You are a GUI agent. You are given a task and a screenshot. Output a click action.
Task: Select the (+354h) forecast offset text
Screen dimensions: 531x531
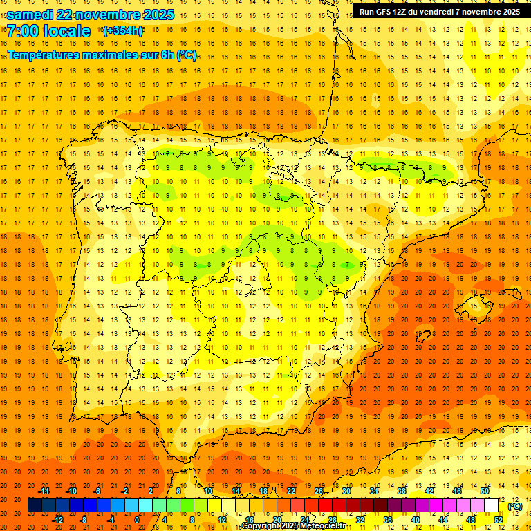(123, 30)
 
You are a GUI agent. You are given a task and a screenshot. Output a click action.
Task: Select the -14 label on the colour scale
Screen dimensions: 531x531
(44, 491)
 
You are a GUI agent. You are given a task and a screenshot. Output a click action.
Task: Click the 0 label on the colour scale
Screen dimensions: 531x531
(137, 519)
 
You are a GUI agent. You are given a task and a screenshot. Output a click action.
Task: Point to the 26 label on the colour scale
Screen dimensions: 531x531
(319, 491)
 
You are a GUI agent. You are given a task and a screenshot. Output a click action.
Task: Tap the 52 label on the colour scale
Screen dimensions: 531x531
(498, 519)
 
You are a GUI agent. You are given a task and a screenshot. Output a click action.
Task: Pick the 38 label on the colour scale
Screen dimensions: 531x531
(401, 491)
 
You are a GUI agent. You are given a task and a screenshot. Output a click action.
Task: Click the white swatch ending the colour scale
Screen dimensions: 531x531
(492, 505)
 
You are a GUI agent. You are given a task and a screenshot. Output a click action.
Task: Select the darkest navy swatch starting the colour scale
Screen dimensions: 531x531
(35, 505)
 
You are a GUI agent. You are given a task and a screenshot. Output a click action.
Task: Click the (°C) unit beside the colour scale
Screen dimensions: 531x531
(515, 506)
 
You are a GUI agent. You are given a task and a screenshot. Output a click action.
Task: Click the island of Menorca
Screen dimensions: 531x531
(515, 290)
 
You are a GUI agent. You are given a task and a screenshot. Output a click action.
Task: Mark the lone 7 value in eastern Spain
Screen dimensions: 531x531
(348, 264)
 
